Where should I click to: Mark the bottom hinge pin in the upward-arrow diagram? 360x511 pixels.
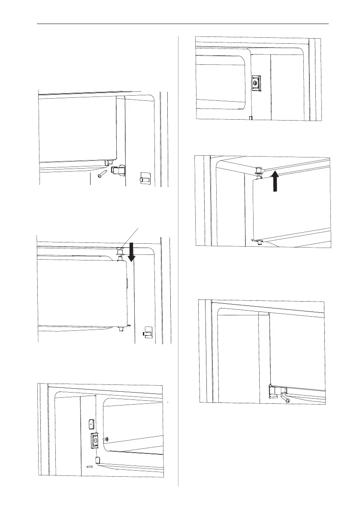[x=256, y=241]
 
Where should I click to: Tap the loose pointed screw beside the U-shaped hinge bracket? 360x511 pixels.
[x=102, y=173]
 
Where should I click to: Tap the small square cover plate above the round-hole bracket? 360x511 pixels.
[x=91, y=423]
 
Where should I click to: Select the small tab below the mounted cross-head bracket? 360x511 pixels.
[x=250, y=117]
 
